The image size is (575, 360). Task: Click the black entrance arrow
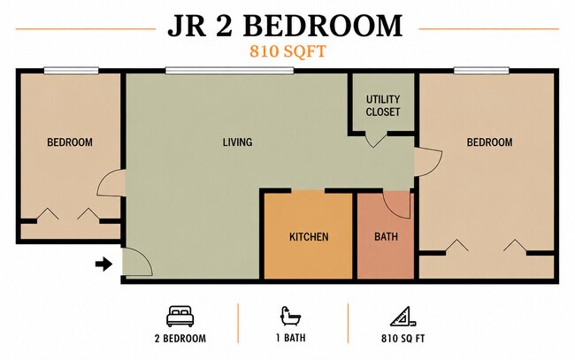(x=103, y=264)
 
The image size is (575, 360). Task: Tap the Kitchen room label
(x=309, y=237)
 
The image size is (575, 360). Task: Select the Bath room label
(x=386, y=237)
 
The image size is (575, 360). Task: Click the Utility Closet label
(x=383, y=105)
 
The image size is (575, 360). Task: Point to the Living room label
(x=237, y=142)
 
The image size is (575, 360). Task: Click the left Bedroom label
(x=70, y=142)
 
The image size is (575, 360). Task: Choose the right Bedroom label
(x=489, y=142)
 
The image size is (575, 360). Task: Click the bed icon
(x=180, y=317)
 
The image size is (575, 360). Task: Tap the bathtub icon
(x=290, y=316)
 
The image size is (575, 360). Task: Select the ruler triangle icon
(x=402, y=317)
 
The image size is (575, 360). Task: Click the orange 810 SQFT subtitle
(x=287, y=51)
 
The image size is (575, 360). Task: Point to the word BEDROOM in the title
(x=323, y=26)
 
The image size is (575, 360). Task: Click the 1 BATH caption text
(x=291, y=338)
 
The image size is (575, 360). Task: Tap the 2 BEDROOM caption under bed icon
(x=180, y=338)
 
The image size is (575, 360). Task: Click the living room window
(x=230, y=71)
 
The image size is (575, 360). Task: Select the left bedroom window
(x=71, y=71)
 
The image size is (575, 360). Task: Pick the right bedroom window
(x=481, y=71)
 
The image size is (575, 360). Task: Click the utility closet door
(x=374, y=142)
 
